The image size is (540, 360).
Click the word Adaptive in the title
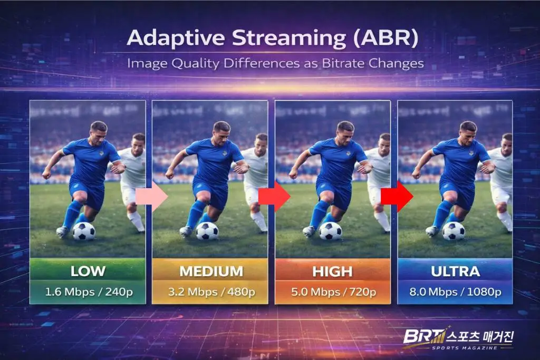point(176,38)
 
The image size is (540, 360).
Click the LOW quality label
point(88,271)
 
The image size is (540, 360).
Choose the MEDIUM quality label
point(211,271)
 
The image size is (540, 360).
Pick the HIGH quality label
point(332,272)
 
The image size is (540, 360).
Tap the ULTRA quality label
point(455,271)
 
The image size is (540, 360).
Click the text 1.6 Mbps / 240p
point(89,292)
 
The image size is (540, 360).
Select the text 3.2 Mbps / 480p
point(211,292)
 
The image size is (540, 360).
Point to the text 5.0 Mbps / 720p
point(333,292)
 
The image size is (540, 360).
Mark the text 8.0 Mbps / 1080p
point(455,292)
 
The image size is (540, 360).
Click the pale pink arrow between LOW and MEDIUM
point(151,197)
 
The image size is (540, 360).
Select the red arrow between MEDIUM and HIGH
point(274,197)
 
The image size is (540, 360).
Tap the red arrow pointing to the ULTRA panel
point(397,197)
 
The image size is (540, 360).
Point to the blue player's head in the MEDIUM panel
point(221,132)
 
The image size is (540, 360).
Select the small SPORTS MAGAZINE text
point(465,348)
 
